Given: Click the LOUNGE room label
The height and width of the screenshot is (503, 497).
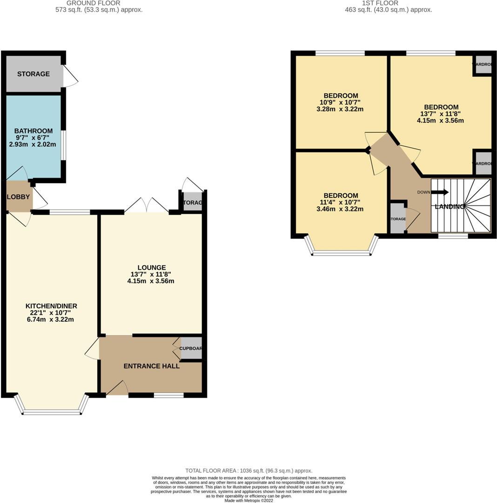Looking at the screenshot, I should click(152, 267).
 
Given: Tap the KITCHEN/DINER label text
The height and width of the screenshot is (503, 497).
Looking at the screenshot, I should click(51, 306).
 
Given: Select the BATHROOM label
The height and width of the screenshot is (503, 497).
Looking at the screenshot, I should click(33, 131).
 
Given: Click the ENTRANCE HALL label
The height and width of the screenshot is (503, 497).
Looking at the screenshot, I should click(151, 366).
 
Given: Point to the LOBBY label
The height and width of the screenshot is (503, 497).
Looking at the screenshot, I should click(18, 197).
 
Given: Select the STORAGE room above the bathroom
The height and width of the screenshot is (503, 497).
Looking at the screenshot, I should click(34, 74).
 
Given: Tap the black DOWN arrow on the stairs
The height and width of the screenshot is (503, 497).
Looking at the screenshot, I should click(440, 192).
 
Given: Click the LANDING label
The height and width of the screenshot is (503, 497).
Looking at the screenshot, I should click(450, 207).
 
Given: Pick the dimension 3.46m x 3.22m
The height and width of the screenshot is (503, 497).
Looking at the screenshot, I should click(340, 209).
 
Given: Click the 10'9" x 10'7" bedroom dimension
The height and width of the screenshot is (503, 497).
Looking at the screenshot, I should click(340, 102).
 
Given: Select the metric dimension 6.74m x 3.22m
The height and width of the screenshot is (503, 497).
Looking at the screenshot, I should click(51, 319).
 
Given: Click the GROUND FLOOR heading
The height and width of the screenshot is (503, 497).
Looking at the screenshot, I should click(99, 3).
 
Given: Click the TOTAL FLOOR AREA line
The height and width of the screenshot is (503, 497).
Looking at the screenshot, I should click(248, 471).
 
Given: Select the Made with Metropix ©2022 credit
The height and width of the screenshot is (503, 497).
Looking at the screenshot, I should click(248, 501).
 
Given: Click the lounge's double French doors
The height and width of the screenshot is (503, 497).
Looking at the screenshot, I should click(147, 206).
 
